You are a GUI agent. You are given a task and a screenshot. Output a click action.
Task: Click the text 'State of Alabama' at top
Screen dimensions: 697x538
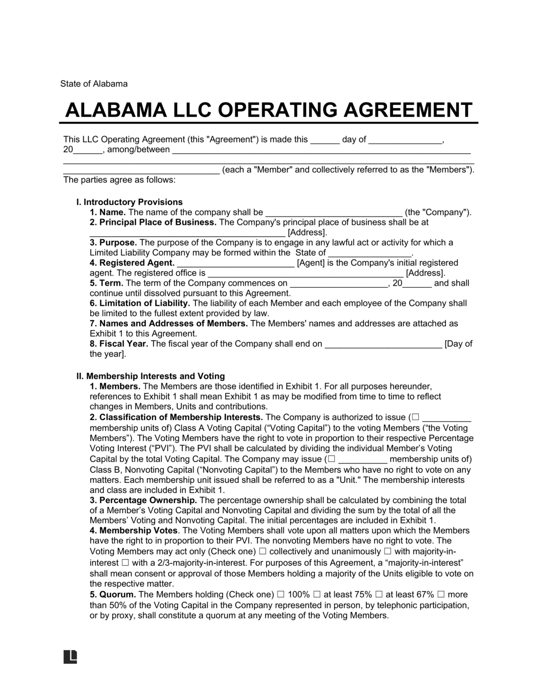(94, 83)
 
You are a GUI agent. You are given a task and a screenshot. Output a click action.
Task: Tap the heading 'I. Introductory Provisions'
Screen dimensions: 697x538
(130, 202)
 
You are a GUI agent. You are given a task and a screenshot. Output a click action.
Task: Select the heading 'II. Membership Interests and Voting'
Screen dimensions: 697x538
(150, 376)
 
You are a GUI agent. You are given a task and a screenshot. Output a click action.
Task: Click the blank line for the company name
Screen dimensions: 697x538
(333, 213)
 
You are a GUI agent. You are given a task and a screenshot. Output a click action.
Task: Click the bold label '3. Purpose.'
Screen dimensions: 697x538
(113, 242)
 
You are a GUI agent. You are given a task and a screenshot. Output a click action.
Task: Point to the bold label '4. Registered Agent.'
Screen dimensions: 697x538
(132, 263)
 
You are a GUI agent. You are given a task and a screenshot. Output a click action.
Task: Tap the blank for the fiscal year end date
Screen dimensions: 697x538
(383, 344)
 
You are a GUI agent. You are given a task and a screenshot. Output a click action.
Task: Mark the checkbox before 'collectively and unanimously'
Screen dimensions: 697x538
(262, 552)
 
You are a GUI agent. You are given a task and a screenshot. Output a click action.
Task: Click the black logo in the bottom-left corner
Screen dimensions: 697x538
(70, 657)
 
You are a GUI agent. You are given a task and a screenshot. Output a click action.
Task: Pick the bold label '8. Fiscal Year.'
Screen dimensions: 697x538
(119, 344)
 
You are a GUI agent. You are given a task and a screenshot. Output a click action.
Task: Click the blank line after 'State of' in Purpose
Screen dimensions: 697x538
(369, 253)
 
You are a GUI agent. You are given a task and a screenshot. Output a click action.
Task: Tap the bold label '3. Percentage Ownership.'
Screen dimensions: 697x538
(143, 500)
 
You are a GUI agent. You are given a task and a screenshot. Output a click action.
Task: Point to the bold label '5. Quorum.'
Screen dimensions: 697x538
(113, 594)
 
